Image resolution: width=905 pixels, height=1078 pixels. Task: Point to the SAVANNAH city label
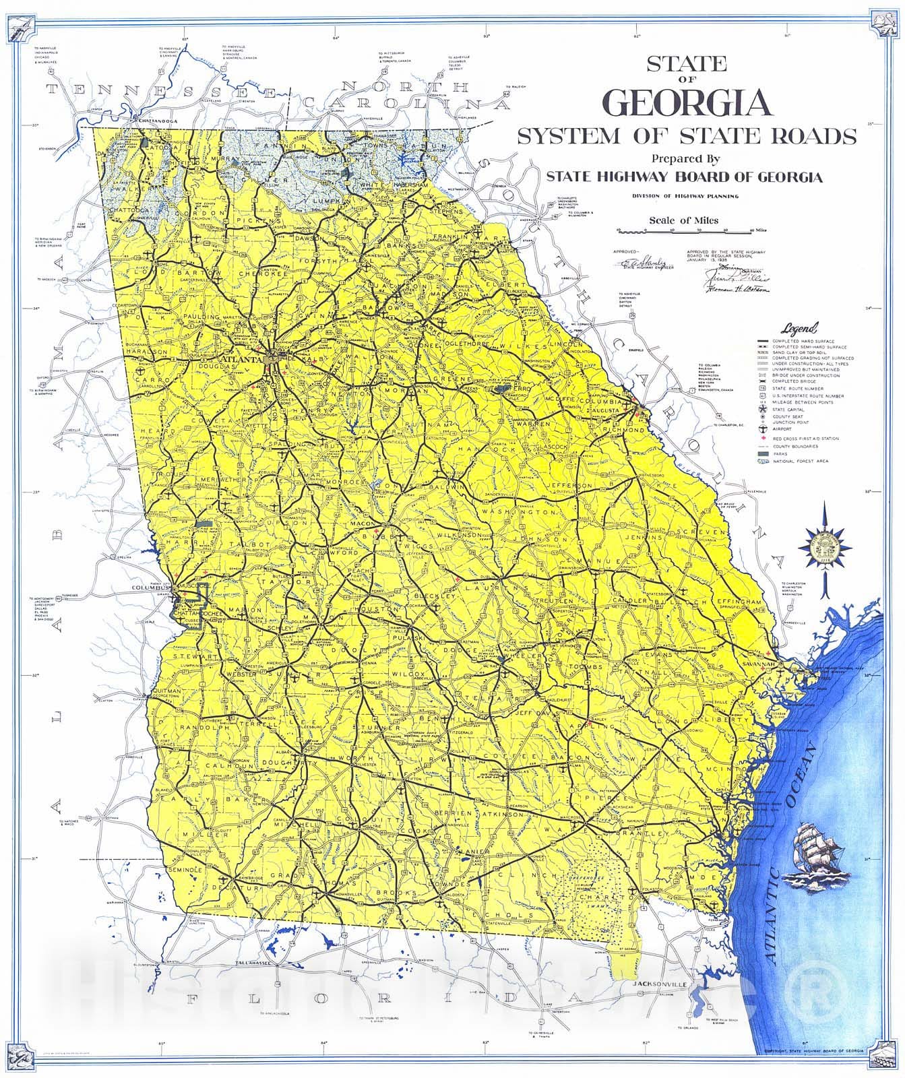click(x=757, y=665)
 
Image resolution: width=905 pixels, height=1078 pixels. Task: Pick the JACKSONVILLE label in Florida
click(x=659, y=984)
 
